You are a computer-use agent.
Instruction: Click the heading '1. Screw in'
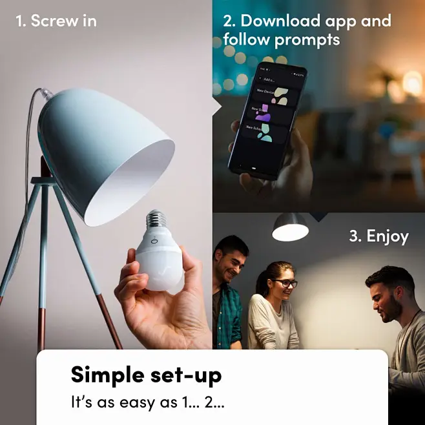[56, 21]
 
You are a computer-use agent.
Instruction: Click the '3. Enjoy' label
[378, 236]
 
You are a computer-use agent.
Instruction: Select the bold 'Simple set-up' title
[146, 375]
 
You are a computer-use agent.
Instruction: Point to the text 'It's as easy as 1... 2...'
[147, 402]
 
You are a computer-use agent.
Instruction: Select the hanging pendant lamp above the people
[290, 227]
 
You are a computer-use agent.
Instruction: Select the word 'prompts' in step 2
[307, 40]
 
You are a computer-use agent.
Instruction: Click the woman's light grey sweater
[273, 322]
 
